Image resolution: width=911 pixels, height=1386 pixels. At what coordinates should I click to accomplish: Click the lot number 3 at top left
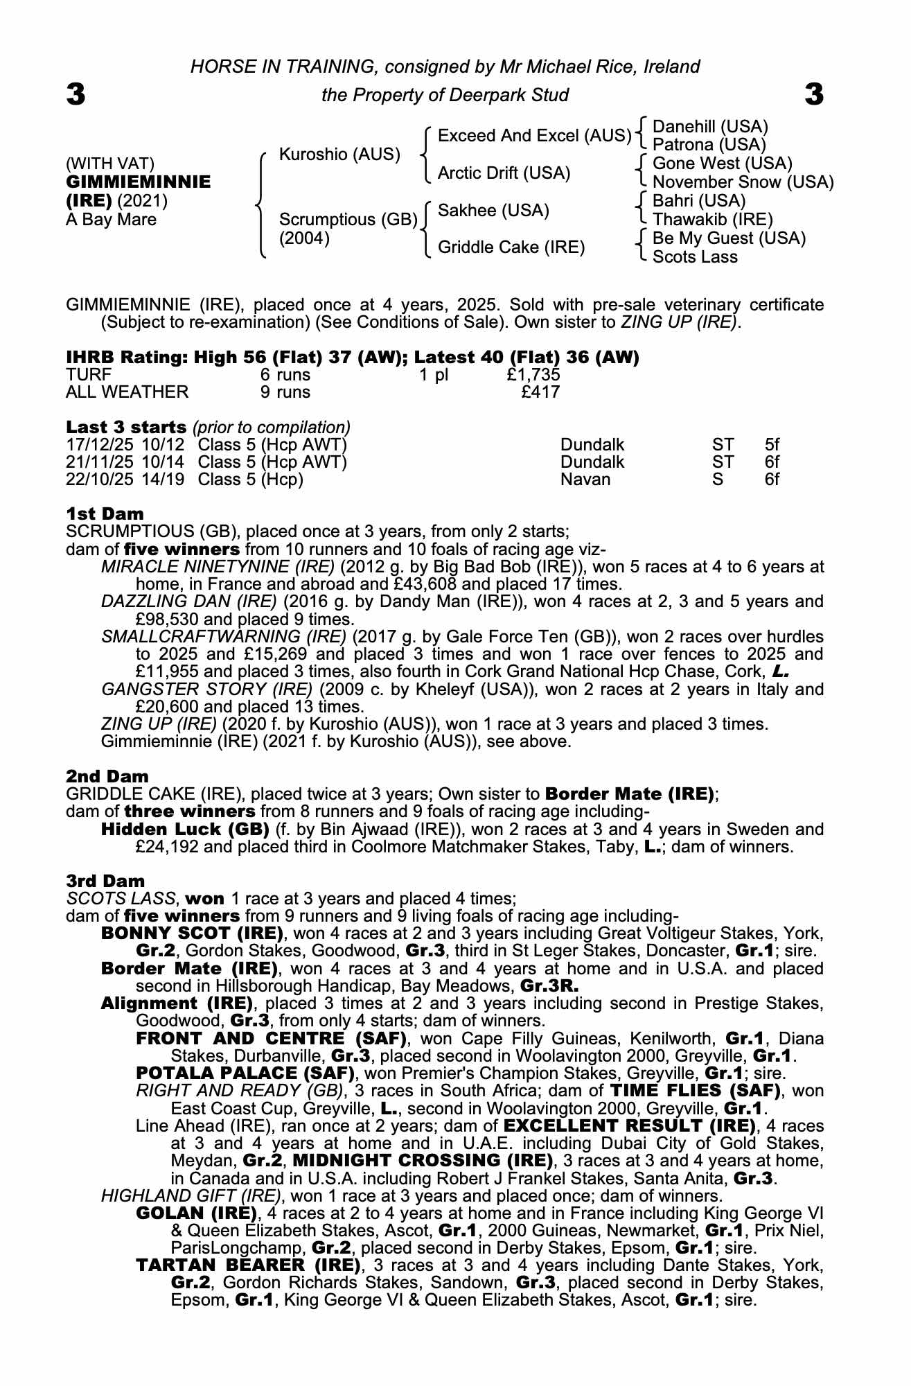[x=76, y=94]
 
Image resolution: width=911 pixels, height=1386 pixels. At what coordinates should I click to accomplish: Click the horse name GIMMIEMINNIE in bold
[x=138, y=182]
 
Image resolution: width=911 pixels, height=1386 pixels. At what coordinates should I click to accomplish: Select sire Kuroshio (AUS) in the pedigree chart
[x=339, y=155]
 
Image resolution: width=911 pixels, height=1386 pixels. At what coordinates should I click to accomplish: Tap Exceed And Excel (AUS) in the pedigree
[x=535, y=136]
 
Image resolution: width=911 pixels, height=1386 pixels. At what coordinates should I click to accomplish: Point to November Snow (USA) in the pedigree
[x=743, y=182]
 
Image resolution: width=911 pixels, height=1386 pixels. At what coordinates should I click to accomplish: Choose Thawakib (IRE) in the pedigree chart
[x=712, y=220]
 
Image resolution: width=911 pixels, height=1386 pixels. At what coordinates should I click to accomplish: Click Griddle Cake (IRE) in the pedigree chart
[x=511, y=247]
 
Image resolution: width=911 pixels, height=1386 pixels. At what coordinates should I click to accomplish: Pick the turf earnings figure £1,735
[x=533, y=375]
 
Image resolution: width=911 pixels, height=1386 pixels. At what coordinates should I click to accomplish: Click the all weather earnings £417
[x=540, y=392]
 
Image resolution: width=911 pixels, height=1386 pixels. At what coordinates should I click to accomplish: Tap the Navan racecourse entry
[x=585, y=480]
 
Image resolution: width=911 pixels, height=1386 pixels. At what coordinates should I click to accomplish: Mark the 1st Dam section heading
[x=105, y=514]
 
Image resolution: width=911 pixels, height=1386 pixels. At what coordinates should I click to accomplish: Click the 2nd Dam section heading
[x=107, y=776]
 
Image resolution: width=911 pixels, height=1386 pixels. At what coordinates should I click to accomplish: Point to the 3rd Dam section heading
[x=106, y=881]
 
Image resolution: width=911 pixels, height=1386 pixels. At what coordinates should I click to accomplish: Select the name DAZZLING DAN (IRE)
[x=188, y=602]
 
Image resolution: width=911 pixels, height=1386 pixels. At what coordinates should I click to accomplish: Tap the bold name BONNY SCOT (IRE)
[x=192, y=933]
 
